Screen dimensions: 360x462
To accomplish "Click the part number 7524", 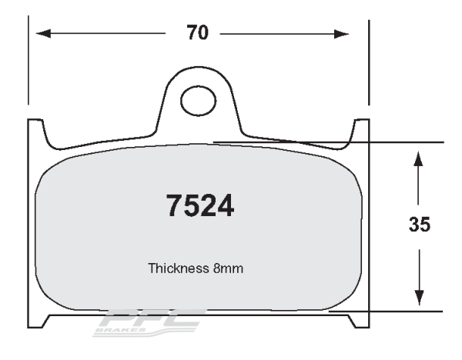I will point(201,205).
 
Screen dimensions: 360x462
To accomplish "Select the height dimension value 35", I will point(419,225).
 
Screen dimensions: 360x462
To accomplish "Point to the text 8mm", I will point(230,269).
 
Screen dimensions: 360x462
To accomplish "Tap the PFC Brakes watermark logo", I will point(146,322).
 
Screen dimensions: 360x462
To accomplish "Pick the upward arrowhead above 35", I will point(418,158).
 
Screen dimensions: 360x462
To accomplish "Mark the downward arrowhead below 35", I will point(418,295).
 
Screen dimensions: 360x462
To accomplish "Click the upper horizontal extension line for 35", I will point(408,142).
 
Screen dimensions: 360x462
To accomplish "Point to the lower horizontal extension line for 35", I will point(408,312).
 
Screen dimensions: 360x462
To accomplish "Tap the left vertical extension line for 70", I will point(28,62).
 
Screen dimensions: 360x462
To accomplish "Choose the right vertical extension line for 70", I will point(370,62).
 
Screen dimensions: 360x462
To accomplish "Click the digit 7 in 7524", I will point(176,205).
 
